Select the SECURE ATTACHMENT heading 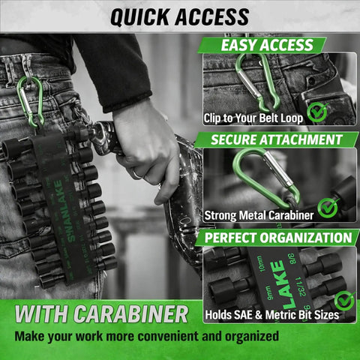277,139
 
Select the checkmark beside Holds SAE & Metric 343,301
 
